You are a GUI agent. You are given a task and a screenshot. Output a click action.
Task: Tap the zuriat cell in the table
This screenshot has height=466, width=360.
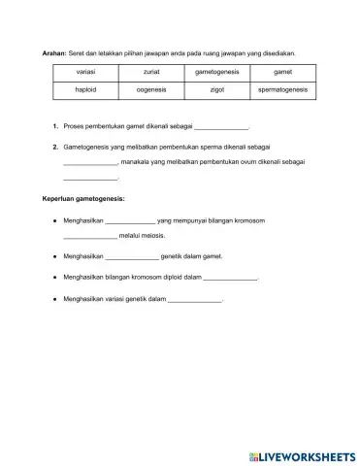[150, 73]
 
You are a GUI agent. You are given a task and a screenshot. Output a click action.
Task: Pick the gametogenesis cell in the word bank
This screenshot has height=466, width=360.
[214, 73]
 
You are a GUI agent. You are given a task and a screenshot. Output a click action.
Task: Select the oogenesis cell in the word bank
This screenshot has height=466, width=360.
[150, 89]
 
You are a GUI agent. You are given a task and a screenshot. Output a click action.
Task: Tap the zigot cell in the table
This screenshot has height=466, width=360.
[214, 89]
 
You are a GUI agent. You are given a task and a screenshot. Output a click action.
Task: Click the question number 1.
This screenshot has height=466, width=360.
[56, 127]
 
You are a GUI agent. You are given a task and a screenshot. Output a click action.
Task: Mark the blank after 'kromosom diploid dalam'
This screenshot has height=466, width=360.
[230, 278]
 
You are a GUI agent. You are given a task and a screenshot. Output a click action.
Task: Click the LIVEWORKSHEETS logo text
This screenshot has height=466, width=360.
[302, 455]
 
